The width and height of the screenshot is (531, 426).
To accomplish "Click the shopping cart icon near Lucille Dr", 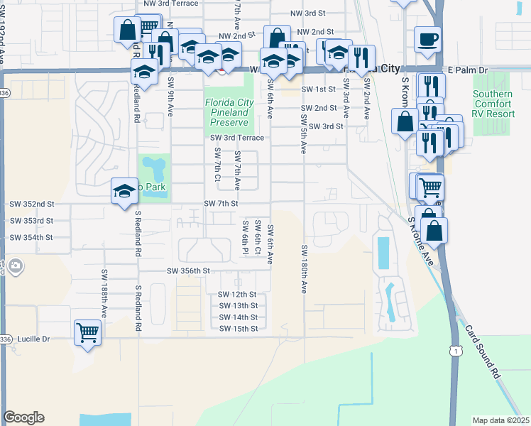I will [x=88, y=331].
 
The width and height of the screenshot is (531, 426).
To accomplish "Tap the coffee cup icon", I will [x=427, y=39].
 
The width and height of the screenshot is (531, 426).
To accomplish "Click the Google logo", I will [x=23, y=417].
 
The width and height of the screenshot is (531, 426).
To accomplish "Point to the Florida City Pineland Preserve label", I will [x=228, y=112].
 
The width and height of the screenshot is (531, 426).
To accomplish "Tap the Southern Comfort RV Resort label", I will [x=493, y=104].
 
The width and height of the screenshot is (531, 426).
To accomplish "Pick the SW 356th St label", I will [x=189, y=271].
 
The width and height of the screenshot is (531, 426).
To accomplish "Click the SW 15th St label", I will [x=237, y=329].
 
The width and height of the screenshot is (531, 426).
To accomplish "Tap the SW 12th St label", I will [x=237, y=294].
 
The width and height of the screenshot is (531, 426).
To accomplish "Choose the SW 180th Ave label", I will [x=304, y=270].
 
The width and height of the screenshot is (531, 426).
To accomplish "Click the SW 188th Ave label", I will [x=104, y=293].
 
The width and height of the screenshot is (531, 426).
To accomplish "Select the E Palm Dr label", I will [x=469, y=70].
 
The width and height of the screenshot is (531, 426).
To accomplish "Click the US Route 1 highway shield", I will [x=456, y=350].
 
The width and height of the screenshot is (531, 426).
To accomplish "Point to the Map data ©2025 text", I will [x=500, y=420].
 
